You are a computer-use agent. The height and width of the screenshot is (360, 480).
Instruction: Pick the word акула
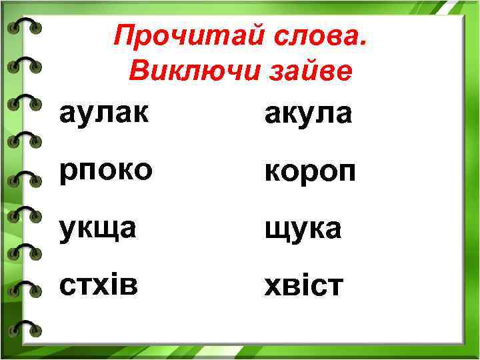pos(307,115)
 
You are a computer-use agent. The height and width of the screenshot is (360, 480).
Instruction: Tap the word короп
pos(309,173)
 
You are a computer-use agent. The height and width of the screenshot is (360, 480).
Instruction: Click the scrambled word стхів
pos(99,285)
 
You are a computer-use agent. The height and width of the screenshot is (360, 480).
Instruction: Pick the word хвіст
pos(304,286)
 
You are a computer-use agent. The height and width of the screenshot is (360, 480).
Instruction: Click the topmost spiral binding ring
pos(25,27)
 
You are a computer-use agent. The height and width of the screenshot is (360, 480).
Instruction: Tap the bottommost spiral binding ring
pos(25,327)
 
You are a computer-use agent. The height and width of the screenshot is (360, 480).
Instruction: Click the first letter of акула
pos(273,116)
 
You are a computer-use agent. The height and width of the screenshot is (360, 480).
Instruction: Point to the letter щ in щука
pos(275,231)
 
